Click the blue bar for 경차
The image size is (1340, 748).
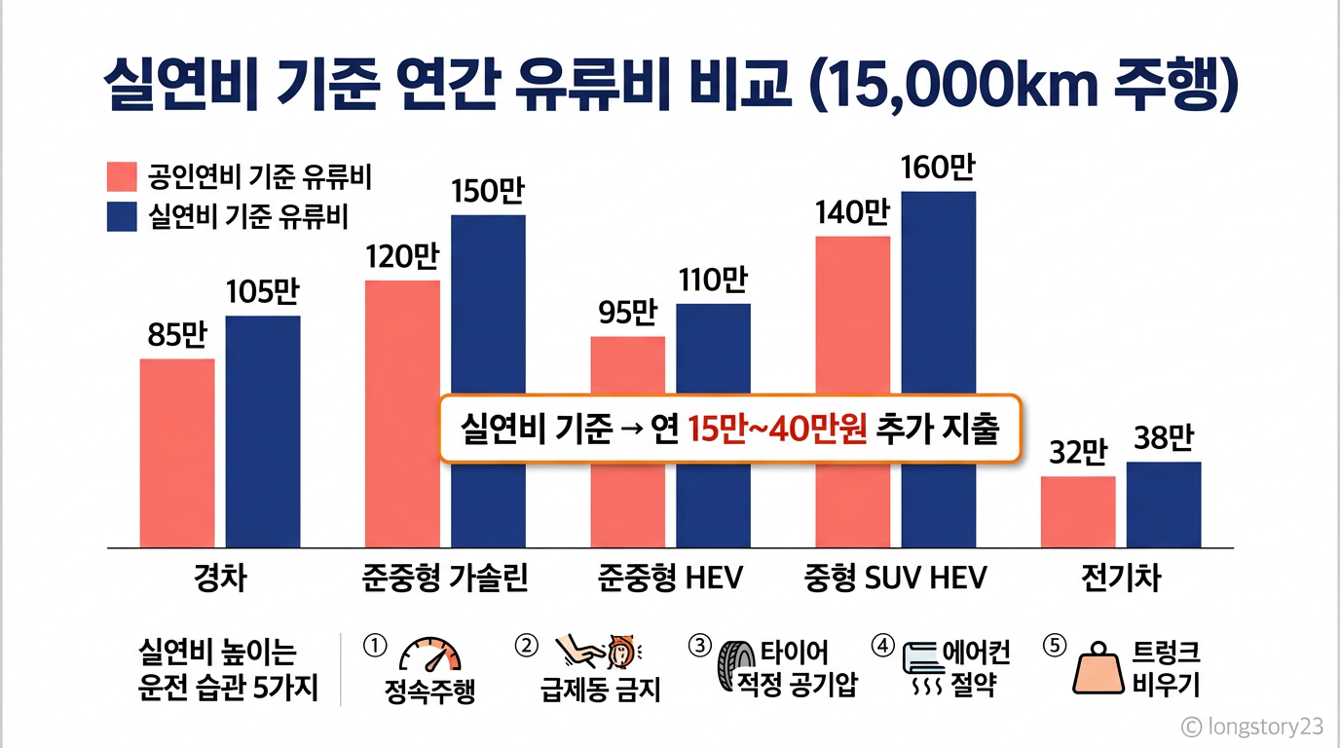point(263,431)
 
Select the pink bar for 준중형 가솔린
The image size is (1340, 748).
point(402,414)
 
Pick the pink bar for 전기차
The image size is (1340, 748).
point(1078,512)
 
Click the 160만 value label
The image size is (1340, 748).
point(938,168)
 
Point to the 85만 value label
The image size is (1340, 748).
point(177,335)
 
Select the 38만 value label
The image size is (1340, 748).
point(1164,437)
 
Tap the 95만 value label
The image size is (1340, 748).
point(627,313)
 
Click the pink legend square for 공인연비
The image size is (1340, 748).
point(122,176)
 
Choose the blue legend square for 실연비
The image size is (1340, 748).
point(122,216)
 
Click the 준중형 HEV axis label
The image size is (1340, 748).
point(670,579)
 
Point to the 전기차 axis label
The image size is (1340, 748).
point(1121,579)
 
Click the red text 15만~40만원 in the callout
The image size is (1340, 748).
point(777,429)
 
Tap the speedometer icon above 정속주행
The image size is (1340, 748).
point(430,654)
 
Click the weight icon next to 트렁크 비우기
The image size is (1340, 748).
point(1098,668)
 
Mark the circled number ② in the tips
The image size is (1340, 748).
point(527,646)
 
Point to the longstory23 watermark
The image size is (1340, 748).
point(1252,727)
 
